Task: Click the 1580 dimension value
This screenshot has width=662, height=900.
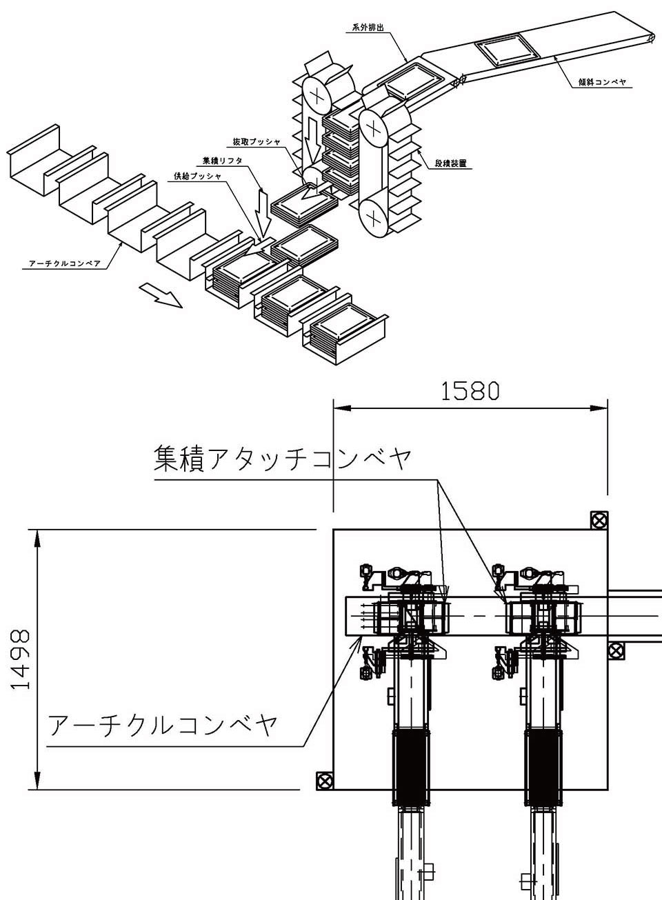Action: click(470, 391)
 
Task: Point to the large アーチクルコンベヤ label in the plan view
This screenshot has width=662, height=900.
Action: click(163, 725)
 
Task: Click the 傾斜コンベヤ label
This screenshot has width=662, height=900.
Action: click(602, 82)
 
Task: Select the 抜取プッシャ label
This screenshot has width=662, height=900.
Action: click(256, 142)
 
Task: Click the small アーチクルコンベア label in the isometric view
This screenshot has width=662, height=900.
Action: click(65, 263)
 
